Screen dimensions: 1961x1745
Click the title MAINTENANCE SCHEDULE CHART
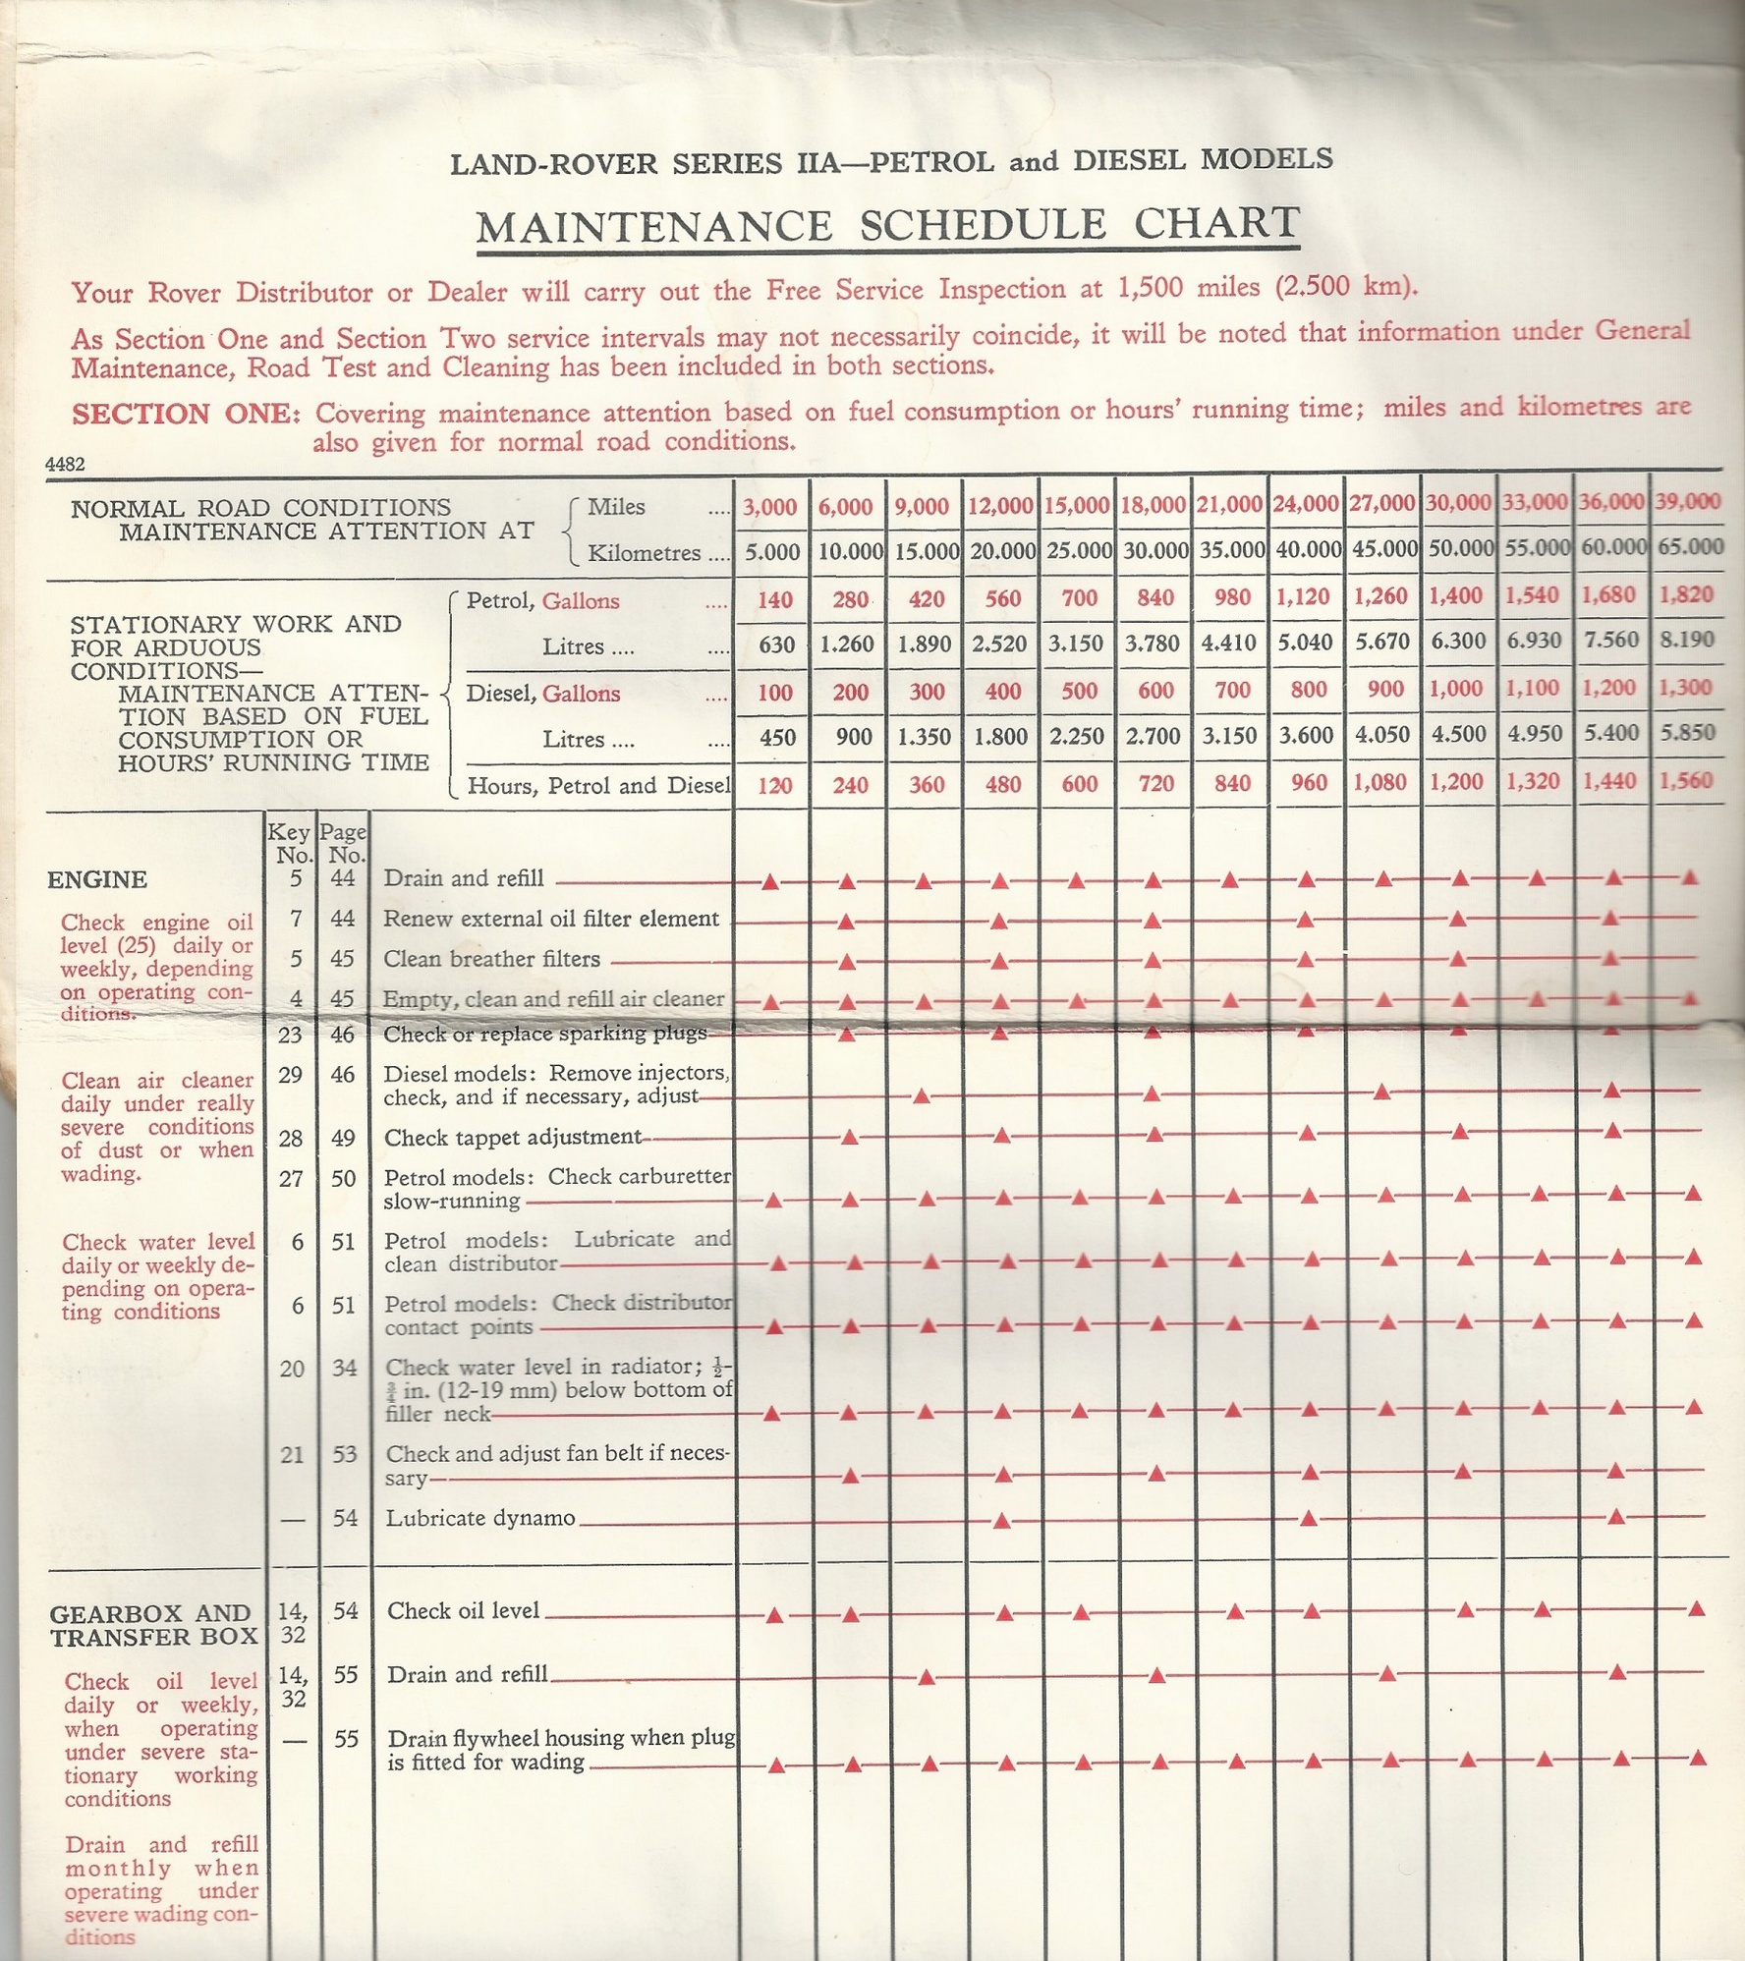coord(888,225)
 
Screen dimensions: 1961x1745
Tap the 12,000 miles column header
coord(1001,506)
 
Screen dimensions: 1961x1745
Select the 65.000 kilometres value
coord(1690,546)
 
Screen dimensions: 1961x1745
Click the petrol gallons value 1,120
coord(1306,597)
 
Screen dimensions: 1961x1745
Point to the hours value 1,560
coord(1686,781)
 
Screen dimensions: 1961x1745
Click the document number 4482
coord(65,465)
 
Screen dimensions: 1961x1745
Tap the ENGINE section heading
coord(97,880)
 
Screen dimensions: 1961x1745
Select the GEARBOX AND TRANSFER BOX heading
coord(152,1626)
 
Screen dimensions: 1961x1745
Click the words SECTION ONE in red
coord(186,414)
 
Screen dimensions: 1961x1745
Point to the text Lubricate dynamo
coord(480,1518)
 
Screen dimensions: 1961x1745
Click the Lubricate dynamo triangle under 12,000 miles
coord(1002,1521)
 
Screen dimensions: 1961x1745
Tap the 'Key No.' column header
coord(290,844)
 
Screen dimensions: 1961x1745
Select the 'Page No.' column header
coord(343,844)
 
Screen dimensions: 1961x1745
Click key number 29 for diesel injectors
coord(290,1075)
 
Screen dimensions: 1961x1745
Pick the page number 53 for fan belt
coord(344,1454)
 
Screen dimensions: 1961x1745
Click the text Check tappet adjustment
coord(512,1138)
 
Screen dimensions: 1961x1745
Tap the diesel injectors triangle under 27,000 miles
coord(1381,1093)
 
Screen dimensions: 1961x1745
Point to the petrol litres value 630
coord(777,645)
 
